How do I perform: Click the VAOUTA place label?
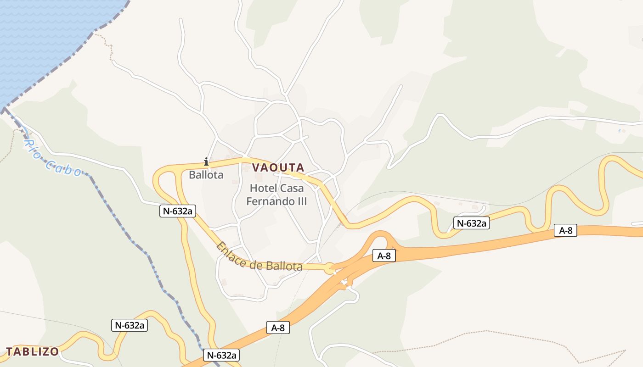278,167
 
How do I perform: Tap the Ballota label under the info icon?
206,175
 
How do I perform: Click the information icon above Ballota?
206,161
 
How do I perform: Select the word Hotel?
263,188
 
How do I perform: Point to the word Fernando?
271,201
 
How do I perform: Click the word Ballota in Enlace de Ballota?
283,266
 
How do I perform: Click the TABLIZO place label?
32,352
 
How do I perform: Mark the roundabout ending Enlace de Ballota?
330,269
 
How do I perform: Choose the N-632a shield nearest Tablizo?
130,325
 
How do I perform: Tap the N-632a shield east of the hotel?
472,223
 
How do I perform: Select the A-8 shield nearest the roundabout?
384,256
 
